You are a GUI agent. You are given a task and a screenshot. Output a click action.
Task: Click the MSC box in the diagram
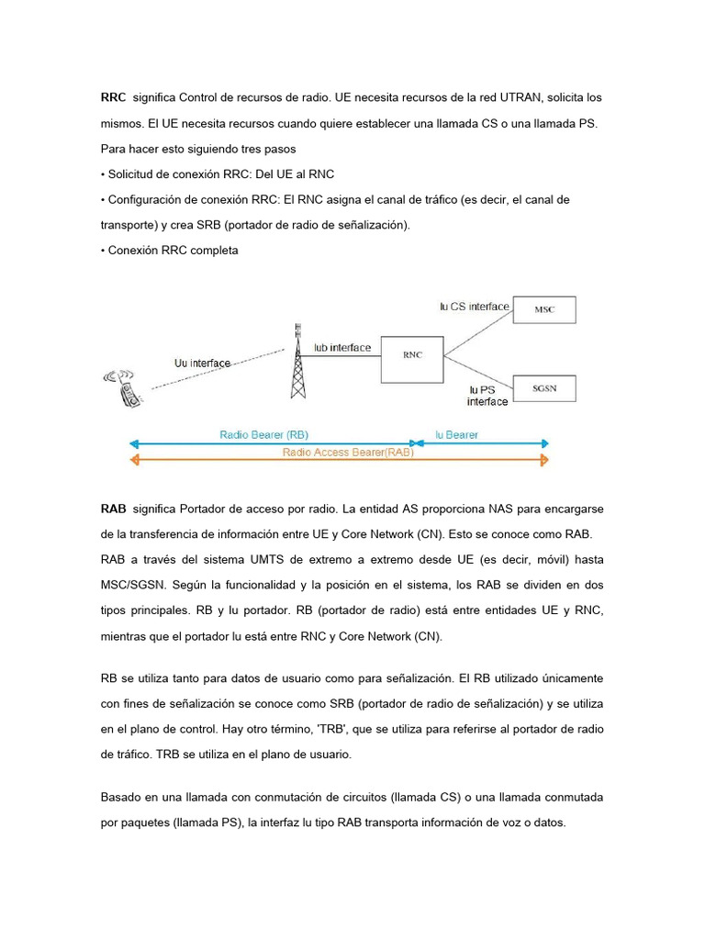(544, 310)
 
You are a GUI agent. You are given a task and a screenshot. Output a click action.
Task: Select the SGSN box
(544, 387)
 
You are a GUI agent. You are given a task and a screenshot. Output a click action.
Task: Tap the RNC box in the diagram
(412, 354)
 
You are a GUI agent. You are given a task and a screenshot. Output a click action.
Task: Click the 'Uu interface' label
(202, 364)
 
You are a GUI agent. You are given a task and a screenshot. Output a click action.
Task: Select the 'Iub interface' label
(341, 348)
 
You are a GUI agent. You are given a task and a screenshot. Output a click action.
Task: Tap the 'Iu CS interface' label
(474, 307)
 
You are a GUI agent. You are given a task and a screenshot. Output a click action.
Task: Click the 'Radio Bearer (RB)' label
(263, 435)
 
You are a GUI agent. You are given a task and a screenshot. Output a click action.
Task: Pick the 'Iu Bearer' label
(456, 435)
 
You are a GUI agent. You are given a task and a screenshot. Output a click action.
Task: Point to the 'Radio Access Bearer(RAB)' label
(348, 452)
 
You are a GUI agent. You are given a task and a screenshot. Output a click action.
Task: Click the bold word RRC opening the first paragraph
(113, 97)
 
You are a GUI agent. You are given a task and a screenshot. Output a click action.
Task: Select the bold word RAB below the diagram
(113, 509)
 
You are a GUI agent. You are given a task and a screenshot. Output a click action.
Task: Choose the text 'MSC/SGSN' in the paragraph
(133, 586)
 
